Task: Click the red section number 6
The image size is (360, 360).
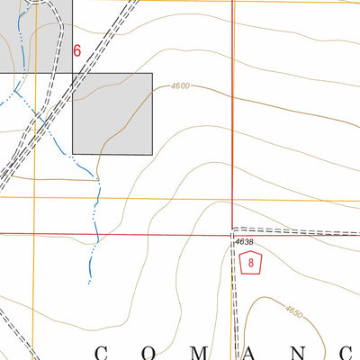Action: tap(76, 51)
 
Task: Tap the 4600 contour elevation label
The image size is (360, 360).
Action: tap(180, 86)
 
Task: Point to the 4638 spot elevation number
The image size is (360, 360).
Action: tap(244, 242)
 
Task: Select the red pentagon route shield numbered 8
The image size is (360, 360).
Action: tap(252, 264)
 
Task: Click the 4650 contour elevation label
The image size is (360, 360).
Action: tap(293, 311)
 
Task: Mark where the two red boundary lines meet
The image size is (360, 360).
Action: tap(232, 233)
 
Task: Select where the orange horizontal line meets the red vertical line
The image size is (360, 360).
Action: tap(232, 198)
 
